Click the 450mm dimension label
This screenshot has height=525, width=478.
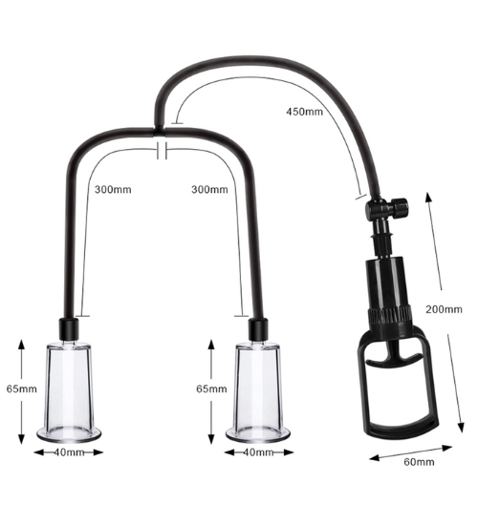[x=304, y=112]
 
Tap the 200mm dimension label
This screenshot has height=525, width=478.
[x=444, y=309]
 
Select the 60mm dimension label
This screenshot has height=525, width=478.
[x=419, y=462]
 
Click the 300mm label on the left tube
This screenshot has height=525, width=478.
[x=113, y=190]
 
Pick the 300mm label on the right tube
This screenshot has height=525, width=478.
[x=209, y=190]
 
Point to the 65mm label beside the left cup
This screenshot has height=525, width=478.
[x=22, y=389]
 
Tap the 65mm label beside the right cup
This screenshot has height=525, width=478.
[x=211, y=389]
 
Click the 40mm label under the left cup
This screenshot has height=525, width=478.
[x=69, y=452]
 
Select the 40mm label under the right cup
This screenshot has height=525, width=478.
[x=258, y=452]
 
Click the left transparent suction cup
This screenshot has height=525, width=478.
[x=69, y=391]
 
